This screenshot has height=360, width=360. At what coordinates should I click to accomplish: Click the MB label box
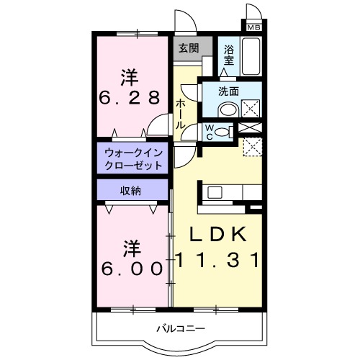click(253, 27)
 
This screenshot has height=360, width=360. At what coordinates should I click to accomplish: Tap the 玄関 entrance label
click(189, 49)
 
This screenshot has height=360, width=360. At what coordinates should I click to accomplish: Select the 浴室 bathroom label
click(229, 55)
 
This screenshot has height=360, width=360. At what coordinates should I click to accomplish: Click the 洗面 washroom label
click(229, 91)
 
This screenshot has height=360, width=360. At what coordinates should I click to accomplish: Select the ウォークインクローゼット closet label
click(133, 158)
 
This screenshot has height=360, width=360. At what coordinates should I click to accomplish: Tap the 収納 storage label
click(130, 190)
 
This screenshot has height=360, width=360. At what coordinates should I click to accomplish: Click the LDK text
click(218, 235)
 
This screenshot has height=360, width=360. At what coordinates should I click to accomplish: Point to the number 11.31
click(218, 261)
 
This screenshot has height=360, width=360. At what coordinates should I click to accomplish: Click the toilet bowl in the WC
click(225, 131)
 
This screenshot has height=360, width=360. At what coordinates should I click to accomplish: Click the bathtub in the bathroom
click(252, 57)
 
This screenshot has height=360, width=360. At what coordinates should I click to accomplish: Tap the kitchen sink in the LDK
click(216, 192)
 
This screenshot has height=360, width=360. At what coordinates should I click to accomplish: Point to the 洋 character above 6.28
click(130, 76)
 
